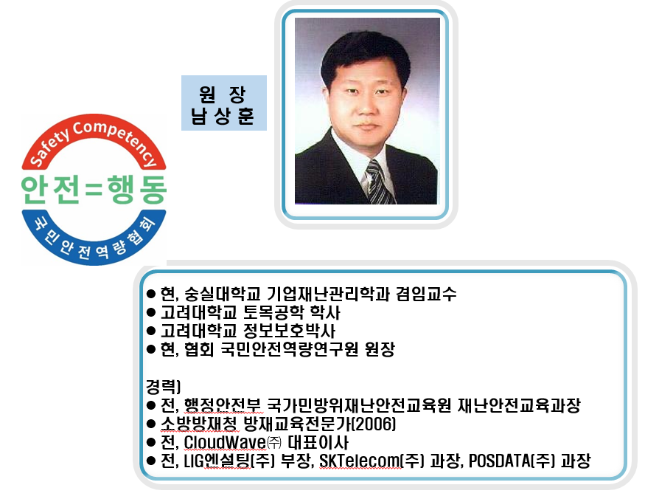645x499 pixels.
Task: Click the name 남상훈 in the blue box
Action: (x=222, y=116)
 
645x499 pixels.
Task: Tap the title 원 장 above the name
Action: (x=223, y=94)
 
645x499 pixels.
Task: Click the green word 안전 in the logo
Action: (x=50, y=190)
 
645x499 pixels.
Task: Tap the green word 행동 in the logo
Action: (x=136, y=190)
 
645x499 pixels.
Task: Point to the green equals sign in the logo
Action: (x=94, y=190)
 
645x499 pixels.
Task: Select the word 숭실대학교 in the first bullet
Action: (x=223, y=294)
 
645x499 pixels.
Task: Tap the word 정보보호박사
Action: (x=289, y=331)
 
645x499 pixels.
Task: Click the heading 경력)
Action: (x=164, y=387)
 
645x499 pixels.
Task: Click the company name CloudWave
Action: (x=225, y=442)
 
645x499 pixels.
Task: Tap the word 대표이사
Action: (x=318, y=442)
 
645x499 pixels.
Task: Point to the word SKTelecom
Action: (x=360, y=461)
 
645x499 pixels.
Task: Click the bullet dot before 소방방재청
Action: (x=151, y=424)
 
